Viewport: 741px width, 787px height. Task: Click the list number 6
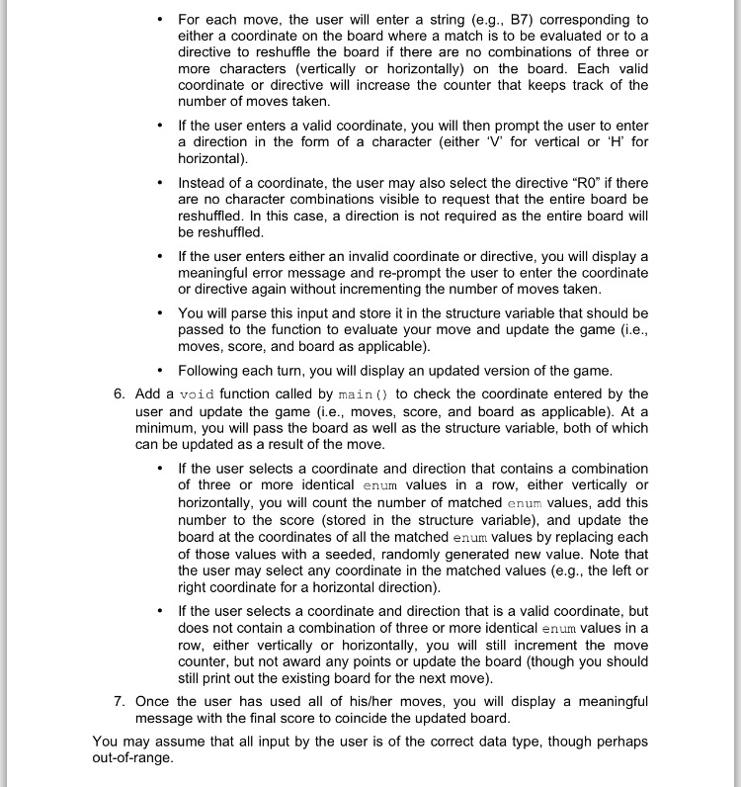point(119,393)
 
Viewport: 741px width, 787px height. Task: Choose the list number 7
point(119,701)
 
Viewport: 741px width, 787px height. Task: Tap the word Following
point(211,371)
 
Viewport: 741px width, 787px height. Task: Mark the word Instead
point(204,183)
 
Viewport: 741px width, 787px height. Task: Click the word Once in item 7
point(154,701)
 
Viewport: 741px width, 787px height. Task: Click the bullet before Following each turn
point(160,371)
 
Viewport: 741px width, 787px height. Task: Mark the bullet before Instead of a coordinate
point(160,183)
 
